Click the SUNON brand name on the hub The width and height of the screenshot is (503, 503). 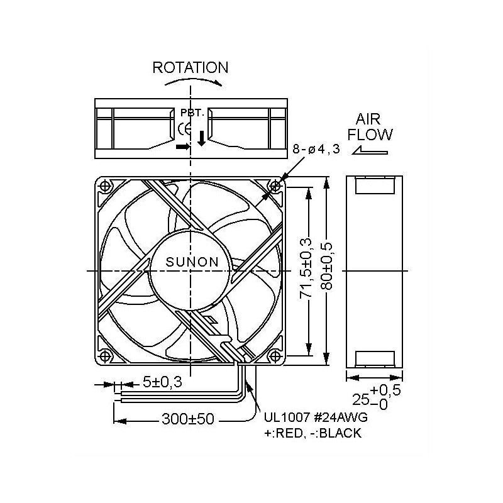(x=192, y=262)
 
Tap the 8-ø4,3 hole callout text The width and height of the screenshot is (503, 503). (x=316, y=149)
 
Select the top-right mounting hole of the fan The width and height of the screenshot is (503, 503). (x=275, y=186)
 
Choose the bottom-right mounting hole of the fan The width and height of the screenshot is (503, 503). (x=275, y=355)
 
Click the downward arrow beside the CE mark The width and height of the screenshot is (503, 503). (x=201, y=137)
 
